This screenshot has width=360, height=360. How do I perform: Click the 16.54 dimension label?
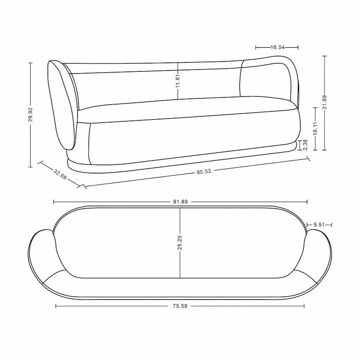click(278, 47)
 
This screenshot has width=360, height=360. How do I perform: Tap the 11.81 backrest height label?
click(178, 81)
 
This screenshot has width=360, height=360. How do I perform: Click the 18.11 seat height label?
click(315, 128)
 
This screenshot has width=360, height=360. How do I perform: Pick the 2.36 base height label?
click(305, 144)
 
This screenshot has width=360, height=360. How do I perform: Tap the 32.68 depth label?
click(60, 174)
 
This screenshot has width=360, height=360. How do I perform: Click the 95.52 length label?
click(204, 171)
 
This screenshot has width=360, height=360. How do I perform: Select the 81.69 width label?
click(180, 202)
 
